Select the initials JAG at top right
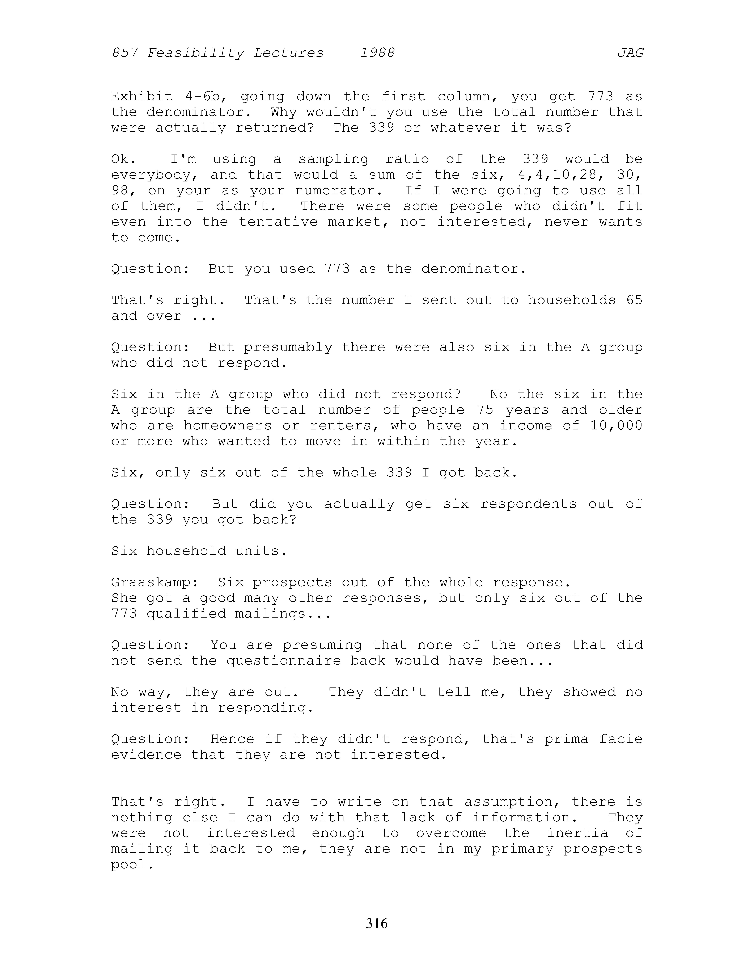pos(630,53)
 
